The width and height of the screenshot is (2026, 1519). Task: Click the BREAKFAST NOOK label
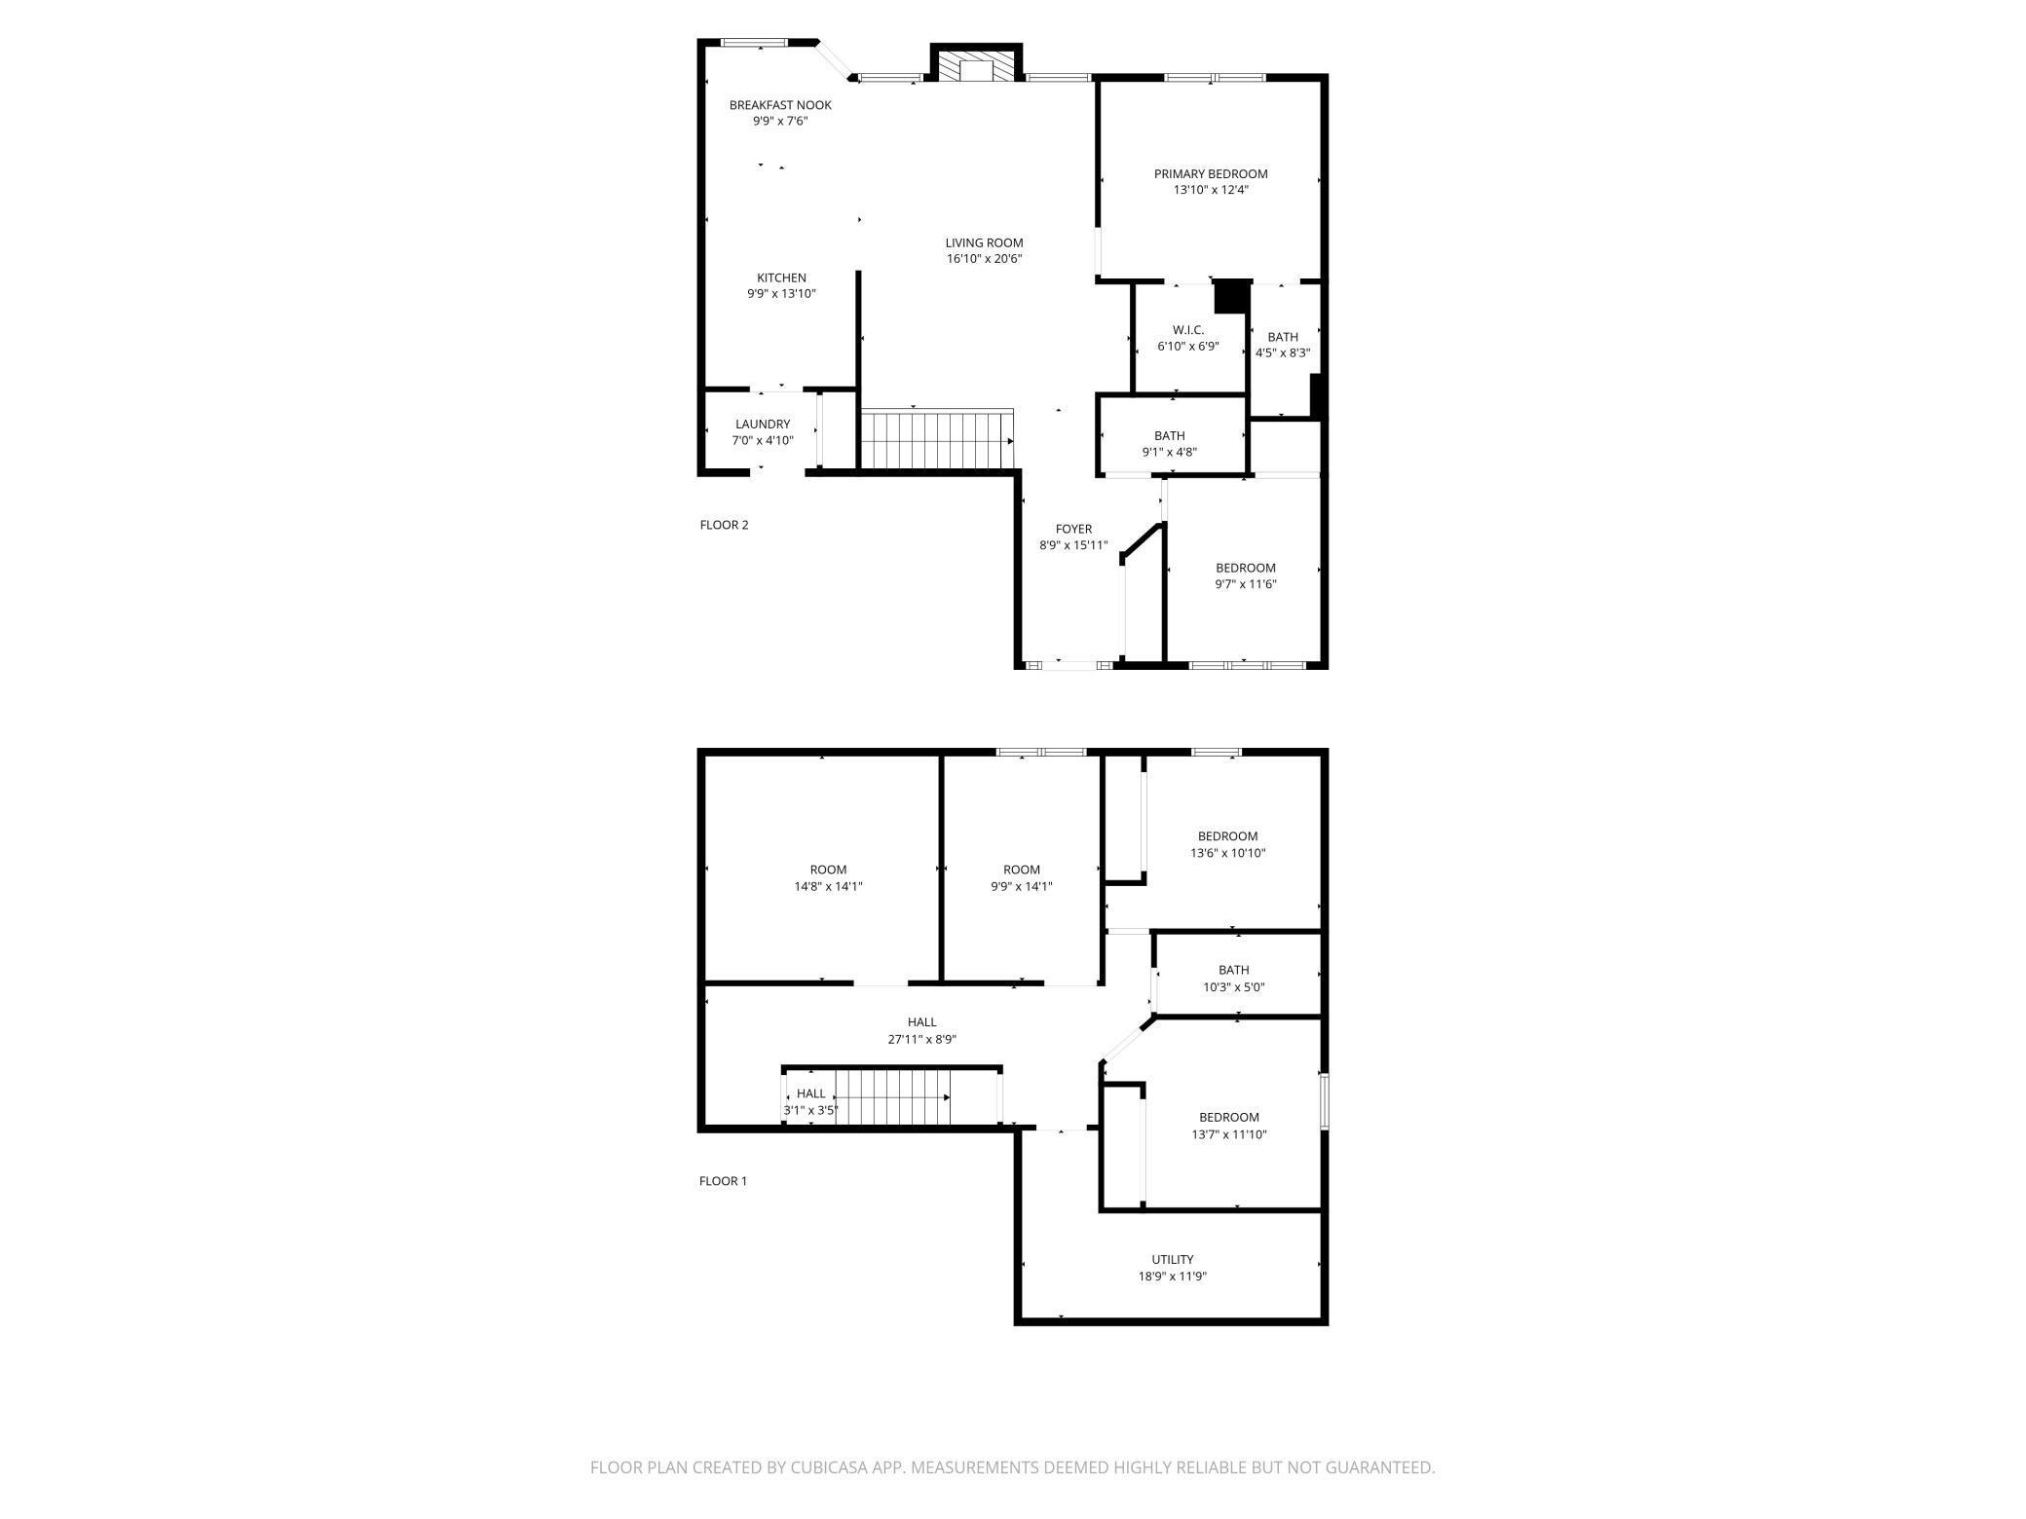coord(780,105)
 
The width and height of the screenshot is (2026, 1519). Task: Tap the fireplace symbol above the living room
coord(976,67)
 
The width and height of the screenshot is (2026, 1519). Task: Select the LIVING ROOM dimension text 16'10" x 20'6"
coord(984,259)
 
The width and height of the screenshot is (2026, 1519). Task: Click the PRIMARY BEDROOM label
coord(1211,174)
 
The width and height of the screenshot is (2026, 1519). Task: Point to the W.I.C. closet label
coord(1188,331)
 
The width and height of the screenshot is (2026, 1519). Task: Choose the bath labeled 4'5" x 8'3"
coord(1283,346)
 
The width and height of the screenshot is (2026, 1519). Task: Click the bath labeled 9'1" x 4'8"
coord(1170,444)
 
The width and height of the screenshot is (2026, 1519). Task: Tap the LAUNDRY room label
coord(763,425)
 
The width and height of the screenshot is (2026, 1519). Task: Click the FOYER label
coord(1073,530)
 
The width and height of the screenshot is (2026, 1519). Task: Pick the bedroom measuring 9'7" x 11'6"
coord(1245,576)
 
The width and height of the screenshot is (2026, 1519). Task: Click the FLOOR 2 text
coord(724,525)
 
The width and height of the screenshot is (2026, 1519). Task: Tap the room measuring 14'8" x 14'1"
coord(828,878)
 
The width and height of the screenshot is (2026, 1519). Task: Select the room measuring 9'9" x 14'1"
coord(1022,878)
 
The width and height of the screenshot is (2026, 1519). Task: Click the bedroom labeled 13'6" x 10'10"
coord(1227,844)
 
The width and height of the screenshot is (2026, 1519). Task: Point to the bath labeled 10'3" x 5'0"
coord(1233,978)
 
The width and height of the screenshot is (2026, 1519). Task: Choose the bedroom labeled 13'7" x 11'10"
coord(1228,1126)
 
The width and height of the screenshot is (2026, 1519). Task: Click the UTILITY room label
coord(1172,1260)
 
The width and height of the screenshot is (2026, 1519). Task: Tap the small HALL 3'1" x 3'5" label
coord(810,1101)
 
